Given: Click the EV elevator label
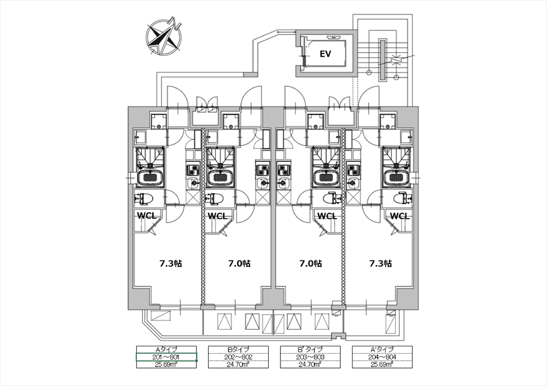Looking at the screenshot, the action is pyautogui.click(x=325, y=54).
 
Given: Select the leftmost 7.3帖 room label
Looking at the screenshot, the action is pyautogui.click(x=171, y=264).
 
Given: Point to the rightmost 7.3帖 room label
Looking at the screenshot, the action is pyautogui.click(x=380, y=264).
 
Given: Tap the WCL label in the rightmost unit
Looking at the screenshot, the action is pyautogui.click(x=400, y=216).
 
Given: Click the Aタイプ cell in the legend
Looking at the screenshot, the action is pyautogui.click(x=167, y=349).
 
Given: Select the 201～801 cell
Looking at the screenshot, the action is pyautogui.click(x=167, y=357).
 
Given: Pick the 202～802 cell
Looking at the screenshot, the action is pyautogui.click(x=238, y=357).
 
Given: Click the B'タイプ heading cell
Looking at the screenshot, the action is pyautogui.click(x=310, y=349).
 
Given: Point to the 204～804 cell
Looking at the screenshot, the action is pyautogui.click(x=382, y=357).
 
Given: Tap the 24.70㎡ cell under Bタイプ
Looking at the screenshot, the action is pyautogui.click(x=238, y=364).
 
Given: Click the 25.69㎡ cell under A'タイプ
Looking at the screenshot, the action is pyautogui.click(x=382, y=364).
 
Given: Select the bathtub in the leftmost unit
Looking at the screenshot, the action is pyautogui.click(x=150, y=178).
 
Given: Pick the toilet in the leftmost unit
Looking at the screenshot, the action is pyautogui.click(x=144, y=199).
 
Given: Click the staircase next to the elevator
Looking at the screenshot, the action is pyautogui.click(x=384, y=56).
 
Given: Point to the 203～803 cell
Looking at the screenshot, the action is pyautogui.click(x=310, y=357).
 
